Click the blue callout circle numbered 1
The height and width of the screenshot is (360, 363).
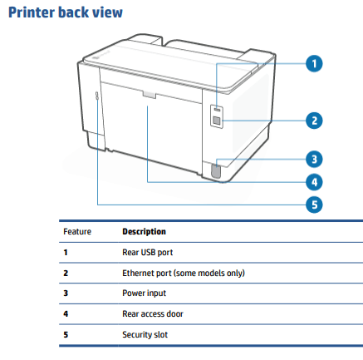point(314,63)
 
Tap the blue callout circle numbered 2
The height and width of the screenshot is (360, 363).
point(314,121)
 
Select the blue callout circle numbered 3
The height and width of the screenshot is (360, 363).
point(314,160)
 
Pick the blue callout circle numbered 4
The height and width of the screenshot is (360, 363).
point(314,182)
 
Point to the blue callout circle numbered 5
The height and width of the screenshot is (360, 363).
point(314,205)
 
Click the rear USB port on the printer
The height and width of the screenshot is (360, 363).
point(218,110)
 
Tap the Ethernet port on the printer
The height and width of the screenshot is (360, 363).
point(217,121)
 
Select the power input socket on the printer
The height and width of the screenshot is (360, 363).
point(216,170)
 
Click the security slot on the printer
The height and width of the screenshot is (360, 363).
point(97,96)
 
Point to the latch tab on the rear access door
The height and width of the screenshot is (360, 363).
point(150,95)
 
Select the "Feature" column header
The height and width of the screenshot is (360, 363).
point(77,231)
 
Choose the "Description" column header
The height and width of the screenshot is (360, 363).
point(144,231)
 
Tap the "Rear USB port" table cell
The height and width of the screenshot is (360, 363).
point(148,252)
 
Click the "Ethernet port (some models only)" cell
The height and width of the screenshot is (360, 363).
point(184,273)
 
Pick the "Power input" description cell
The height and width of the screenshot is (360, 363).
point(144,293)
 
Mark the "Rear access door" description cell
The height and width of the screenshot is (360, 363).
point(153,313)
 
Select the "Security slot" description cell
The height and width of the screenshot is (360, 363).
point(145,334)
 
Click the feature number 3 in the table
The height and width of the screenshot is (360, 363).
point(66,293)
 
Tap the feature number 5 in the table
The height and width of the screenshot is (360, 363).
point(66,334)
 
